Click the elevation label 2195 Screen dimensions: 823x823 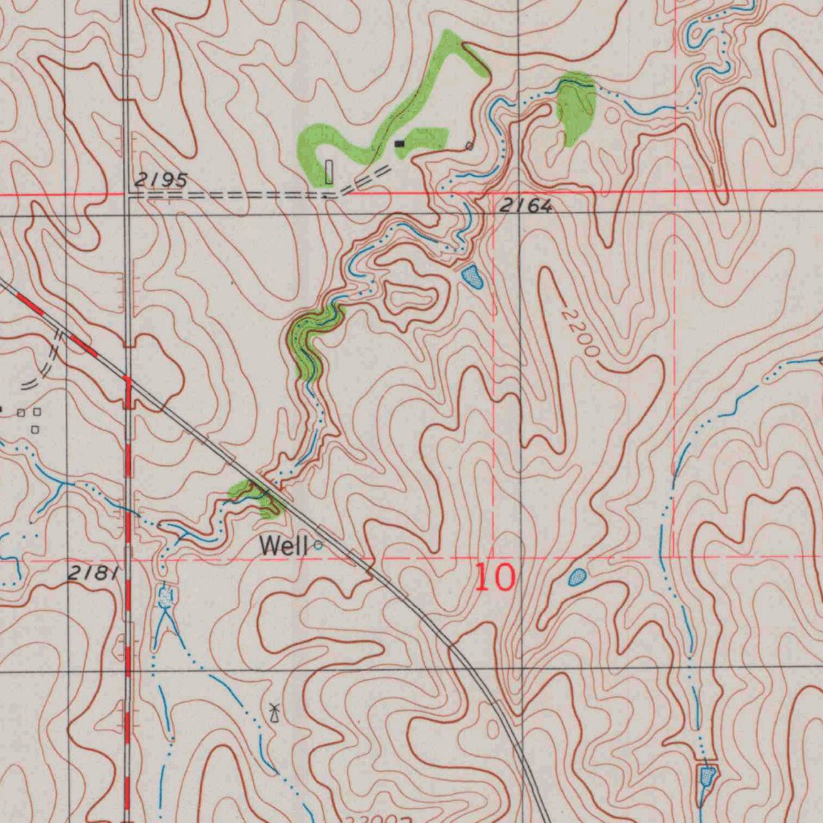pos(161,180)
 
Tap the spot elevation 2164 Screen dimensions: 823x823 pos(526,207)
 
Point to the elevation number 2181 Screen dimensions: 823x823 pos(94,572)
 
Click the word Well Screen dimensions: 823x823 pos(283,547)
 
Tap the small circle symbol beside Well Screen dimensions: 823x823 pos(318,545)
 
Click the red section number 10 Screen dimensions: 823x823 pos(493,577)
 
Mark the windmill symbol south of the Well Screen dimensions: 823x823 pos(274,712)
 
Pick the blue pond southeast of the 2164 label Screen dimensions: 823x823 pos(473,277)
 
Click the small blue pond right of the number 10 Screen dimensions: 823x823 pos(577,576)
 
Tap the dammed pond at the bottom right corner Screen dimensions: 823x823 pos(706,776)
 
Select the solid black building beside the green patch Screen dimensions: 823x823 pos(399,144)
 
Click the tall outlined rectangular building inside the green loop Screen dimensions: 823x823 pos(329,171)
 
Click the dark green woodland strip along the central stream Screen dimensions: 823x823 pos(309,342)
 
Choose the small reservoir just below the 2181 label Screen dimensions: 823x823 pos(166,596)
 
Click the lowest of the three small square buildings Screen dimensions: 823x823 pos(35,429)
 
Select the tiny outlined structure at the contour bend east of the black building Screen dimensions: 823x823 pos(469,145)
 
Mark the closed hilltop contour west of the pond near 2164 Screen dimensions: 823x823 pos(412,299)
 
